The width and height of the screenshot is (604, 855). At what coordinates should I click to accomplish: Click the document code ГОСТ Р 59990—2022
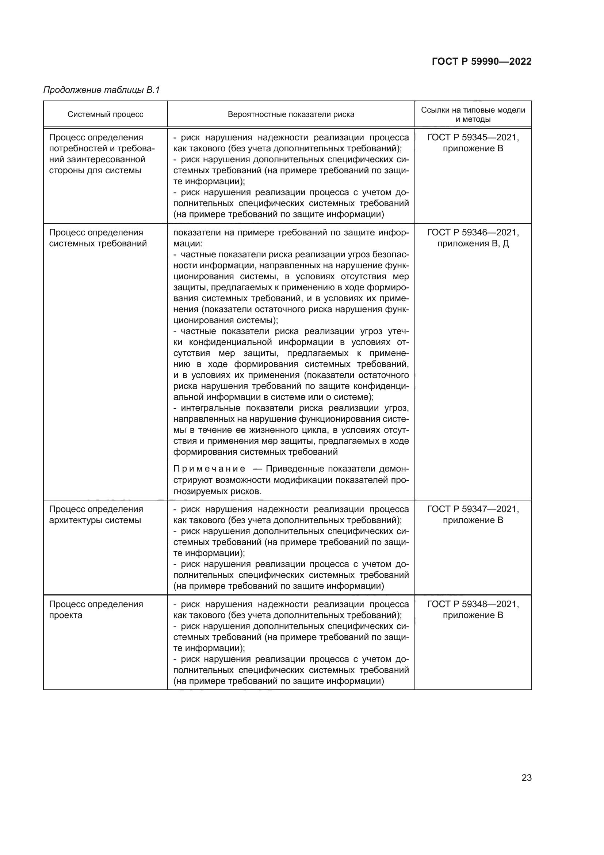[481, 61]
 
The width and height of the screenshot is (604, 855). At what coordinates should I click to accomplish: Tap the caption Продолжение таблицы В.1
[102, 90]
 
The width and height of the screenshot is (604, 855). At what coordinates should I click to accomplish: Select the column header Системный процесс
[105, 114]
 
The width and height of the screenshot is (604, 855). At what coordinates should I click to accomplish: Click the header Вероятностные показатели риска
[291, 114]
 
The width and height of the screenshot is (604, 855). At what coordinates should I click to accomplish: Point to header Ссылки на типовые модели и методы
[473, 114]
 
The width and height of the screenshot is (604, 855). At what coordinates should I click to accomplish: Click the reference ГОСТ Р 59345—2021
[473, 137]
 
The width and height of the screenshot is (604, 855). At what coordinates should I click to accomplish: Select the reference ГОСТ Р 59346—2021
[473, 232]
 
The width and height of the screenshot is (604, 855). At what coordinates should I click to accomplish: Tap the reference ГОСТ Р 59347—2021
[473, 509]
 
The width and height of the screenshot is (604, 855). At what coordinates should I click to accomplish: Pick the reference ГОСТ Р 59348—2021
[473, 604]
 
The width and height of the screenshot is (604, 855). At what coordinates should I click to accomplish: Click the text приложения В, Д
[473, 243]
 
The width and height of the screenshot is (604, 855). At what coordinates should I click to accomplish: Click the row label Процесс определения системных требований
[98, 238]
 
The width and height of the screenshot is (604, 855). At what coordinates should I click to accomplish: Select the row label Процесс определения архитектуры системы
[96, 515]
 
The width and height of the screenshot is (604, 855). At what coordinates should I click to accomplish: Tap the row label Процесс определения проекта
[96, 610]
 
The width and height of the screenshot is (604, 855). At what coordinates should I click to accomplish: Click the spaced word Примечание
[209, 469]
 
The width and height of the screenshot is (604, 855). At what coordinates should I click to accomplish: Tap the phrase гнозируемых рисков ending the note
[217, 491]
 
